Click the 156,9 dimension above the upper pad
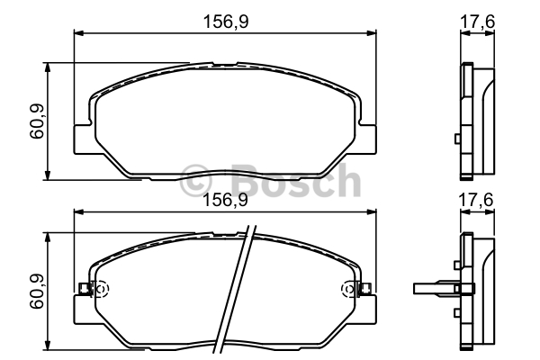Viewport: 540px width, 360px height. (x=226, y=22)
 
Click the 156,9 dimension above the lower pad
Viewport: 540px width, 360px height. (x=226, y=200)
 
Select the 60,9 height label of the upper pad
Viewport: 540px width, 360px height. (x=37, y=121)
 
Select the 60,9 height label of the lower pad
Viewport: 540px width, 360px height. (x=37, y=291)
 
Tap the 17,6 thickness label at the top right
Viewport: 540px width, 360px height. (x=477, y=22)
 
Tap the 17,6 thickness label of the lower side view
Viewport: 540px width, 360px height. (x=476, y=200)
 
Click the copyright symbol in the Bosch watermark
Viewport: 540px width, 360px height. (x=195, y=181)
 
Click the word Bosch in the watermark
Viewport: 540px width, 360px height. (x=296, y=180)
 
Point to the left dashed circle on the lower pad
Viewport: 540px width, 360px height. (x=101, y=289)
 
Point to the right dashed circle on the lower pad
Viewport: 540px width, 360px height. (x=348, y=289)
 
